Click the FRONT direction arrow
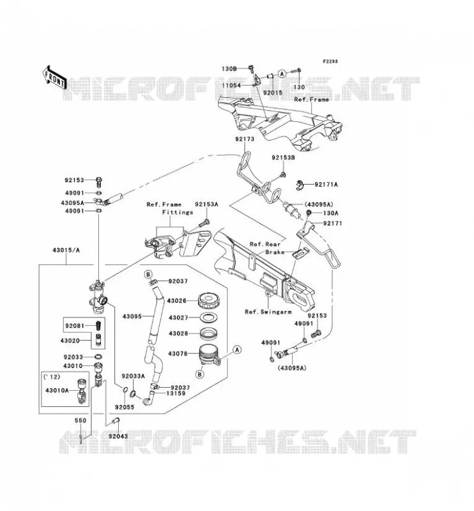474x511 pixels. tap(54, 79)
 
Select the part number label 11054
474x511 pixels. tap(231, 86)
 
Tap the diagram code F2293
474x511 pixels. tap(330, 61)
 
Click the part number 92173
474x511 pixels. tap(245, 139)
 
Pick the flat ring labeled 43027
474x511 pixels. tap(209, 317)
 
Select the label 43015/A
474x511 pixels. tap(66, 250)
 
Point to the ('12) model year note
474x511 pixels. tap(52, 377)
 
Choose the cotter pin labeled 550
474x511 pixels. tap(80, 438)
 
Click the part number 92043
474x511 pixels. tap(118, 436)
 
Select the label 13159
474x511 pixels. tap(176, 393)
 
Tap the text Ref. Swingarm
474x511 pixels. tap(268, 312)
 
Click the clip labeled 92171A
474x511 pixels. tap(300, 185)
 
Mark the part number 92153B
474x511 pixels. tap(283, 158)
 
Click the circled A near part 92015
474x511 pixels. tap(282, 73)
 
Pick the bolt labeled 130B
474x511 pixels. tap(250, 68)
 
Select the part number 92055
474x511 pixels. tap(125, 407)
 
